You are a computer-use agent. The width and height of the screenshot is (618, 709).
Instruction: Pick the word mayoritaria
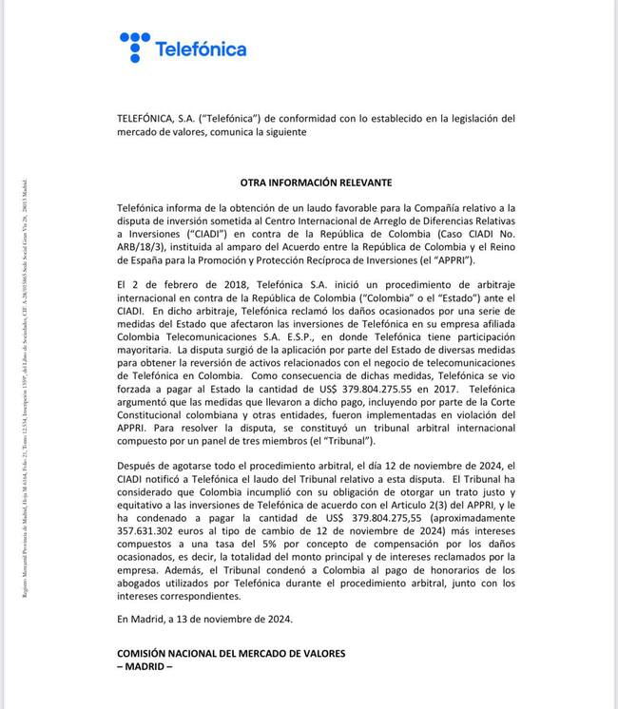[147, 351]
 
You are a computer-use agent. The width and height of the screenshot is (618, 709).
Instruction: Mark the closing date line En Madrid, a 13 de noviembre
[204, 618]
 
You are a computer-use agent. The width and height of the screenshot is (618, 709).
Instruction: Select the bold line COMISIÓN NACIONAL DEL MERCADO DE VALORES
[231, 653]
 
